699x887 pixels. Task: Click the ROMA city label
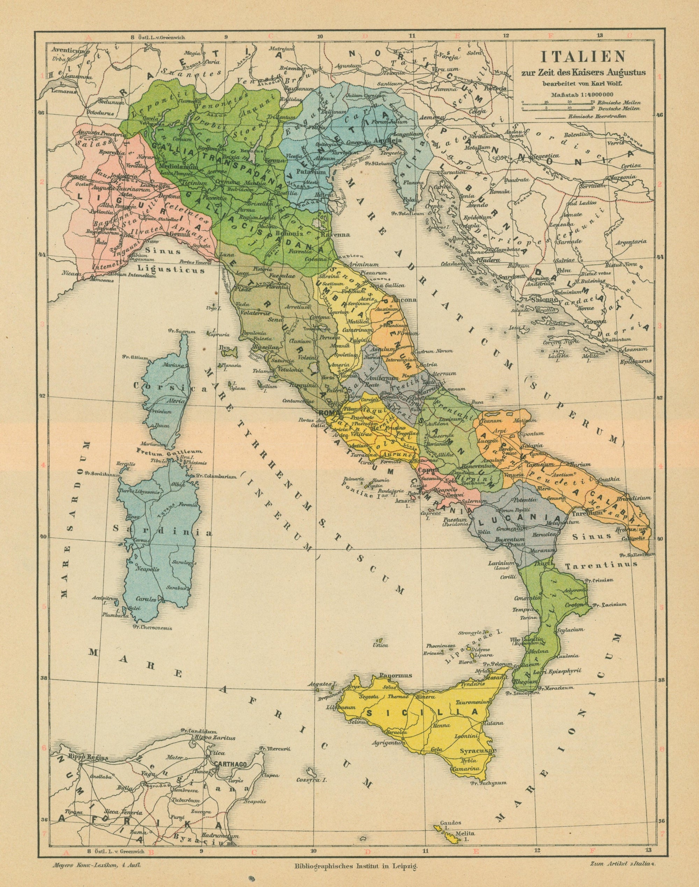tap(326, 412)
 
